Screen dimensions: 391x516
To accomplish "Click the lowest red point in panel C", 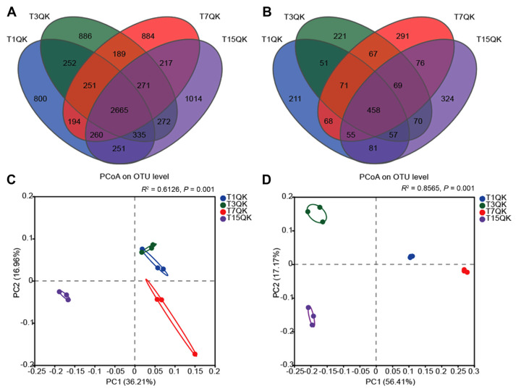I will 195,354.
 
